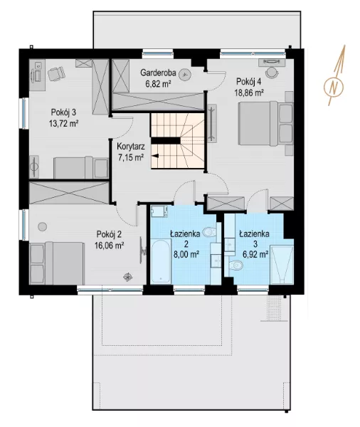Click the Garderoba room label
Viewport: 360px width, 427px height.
[x=158, y=73]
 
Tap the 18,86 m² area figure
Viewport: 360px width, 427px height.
[x=249, y=93]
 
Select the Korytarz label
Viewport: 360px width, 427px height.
[x=131, y=147]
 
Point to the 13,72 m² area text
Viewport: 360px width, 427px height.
[x=64, y=124]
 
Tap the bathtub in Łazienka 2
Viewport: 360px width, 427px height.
[x=161, y=261]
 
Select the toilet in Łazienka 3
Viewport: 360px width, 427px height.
[x=235, y=265]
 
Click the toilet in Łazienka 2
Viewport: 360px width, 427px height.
[x=210, y=232]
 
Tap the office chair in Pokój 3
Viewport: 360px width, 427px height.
[x=56, y=73]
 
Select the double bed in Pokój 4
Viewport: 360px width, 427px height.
[x=265, y=123]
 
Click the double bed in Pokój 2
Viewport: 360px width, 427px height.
[x=57, y=263]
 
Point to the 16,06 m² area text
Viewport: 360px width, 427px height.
[x=109, y=246]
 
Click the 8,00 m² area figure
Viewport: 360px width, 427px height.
[x=186, y=255]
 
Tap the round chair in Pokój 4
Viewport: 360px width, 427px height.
[x=272, y=73]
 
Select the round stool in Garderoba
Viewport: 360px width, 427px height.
[x=186, y=74]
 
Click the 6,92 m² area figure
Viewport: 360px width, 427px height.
[x=255, y=255]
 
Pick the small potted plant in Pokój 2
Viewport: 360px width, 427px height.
[x=128, y=277]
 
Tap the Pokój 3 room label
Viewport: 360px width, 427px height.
[x=63, y=112]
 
